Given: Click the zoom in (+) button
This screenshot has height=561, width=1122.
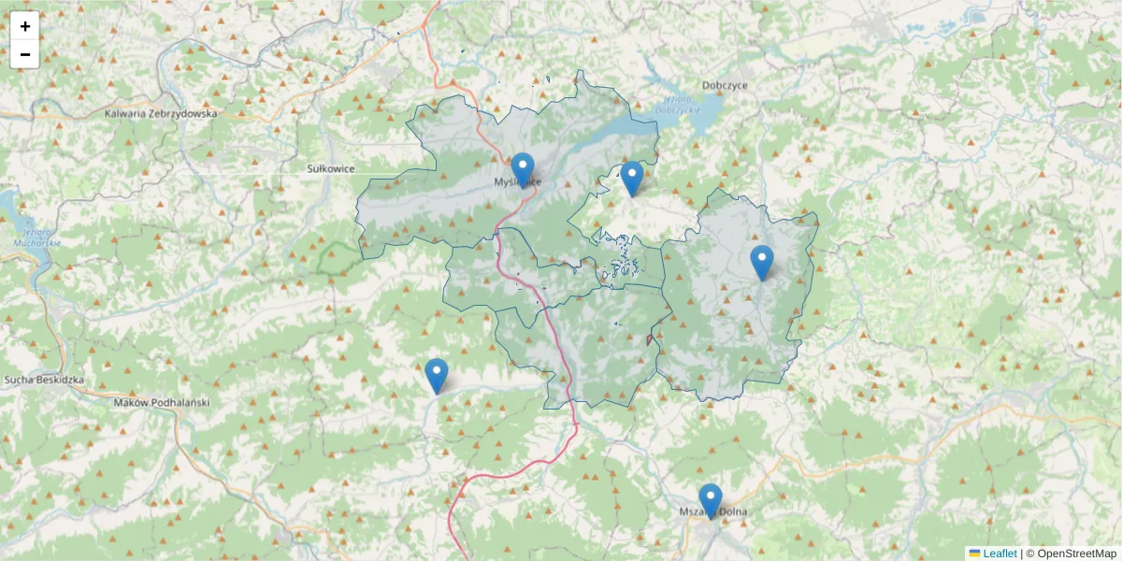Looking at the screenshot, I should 25,26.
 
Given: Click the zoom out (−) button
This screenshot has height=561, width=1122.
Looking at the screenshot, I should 25,54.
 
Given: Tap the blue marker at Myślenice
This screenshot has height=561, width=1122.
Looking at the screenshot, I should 523,168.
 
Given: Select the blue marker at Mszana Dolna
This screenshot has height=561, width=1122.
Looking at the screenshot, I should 711,499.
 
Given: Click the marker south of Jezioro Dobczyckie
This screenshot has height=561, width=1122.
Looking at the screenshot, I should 632,177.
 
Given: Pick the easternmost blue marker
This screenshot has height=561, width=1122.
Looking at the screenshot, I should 762,261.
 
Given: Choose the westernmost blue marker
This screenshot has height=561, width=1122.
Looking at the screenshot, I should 437,374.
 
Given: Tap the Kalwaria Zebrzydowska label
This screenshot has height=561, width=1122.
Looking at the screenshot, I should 161,113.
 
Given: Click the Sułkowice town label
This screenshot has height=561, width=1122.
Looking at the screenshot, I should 331,168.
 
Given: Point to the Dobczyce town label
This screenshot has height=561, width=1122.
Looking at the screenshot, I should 725,84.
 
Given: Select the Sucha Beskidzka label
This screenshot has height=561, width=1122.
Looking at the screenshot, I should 45,381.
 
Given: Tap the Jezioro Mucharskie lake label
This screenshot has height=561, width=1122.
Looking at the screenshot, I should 36,237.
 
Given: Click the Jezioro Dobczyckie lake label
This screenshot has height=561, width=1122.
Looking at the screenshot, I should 679,105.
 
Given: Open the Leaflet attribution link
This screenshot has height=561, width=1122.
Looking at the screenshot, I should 999,554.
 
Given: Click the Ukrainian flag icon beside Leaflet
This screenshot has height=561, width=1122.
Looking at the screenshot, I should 974,554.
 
